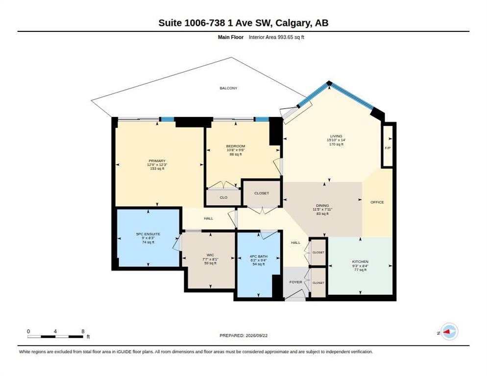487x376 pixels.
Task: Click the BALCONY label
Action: [228, 88]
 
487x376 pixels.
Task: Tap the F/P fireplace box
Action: [388, 145]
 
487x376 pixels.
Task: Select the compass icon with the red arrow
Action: [450, 331]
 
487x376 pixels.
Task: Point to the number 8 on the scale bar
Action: [83, 331]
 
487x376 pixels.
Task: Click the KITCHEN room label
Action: [360, 262]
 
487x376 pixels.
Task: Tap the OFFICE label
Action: [377, 202]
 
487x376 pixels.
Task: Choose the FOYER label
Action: [295, 282]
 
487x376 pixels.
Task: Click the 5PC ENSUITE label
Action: [148, 234]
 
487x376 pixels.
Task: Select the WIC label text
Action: [210, 255]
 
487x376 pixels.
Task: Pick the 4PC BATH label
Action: [258, 257]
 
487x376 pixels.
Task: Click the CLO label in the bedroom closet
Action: [223, 197]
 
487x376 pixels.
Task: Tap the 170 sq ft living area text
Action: [337, 144]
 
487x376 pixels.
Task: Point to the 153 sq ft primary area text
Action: [157, 168]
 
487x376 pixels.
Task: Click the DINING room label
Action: [322, 206]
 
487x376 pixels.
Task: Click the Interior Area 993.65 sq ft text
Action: [276, 37]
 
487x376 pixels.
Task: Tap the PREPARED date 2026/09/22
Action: [243, 336]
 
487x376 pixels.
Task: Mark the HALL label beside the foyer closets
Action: [296, 242]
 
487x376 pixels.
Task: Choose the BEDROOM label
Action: [236, 146]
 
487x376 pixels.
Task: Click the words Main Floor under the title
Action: [231, 37]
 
